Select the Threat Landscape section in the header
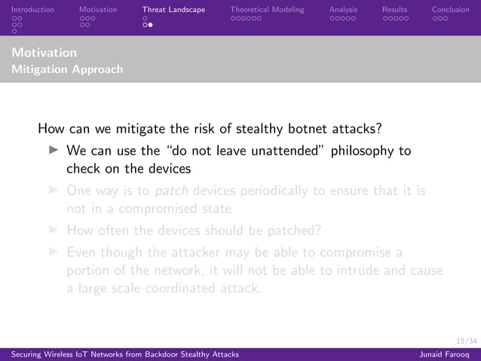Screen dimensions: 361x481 (173, 10)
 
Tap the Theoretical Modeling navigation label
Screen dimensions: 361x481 (267, 10)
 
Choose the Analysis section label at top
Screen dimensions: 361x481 (343, 10)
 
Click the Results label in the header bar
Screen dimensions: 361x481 (394, 10)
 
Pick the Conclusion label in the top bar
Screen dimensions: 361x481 (450, 10)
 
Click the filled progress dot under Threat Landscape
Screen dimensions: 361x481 (151, 25)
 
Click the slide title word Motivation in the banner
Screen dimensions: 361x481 (44, 54)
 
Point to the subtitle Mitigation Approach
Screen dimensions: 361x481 (67, 69)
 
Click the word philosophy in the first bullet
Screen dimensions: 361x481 (362, 151)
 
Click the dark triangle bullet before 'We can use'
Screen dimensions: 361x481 (53, 151)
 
